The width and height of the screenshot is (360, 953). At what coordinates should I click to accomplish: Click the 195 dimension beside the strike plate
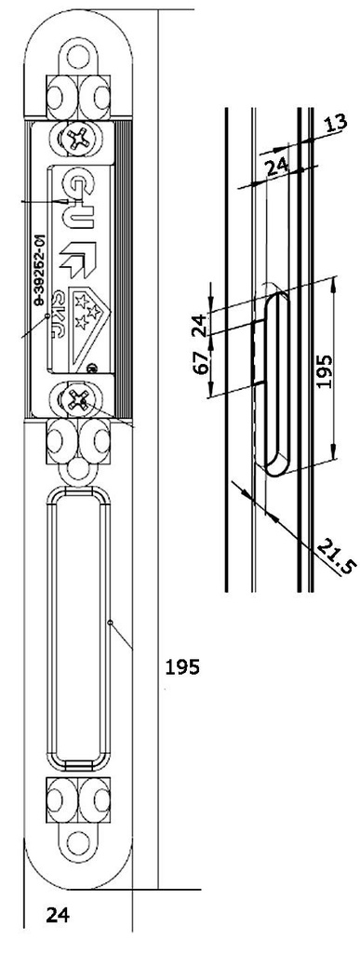pyautogui.click(x=183, y=667)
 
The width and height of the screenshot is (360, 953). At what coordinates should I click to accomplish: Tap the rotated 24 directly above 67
pyautogui.click(x=197, y=325)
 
